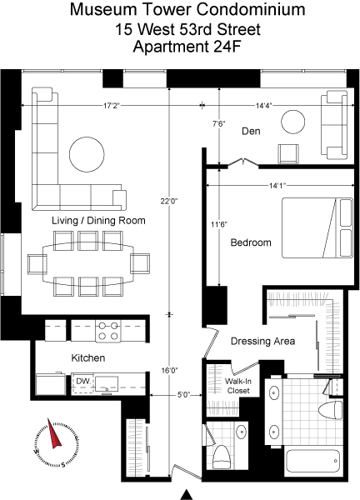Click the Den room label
click(251, 131)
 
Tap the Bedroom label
click(251, 242)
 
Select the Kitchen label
click(88, 357)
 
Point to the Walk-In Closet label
click(238, 386)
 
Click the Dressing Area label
click(262, 341)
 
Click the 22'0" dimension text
click(169, 201)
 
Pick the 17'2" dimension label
click(111, 106)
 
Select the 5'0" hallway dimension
click(183, 395)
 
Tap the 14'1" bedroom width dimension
click(277, 185)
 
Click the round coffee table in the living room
click(87, 154)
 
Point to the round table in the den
click(293, 122)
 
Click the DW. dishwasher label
click(83, 381)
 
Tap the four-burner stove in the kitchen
click(108, 331)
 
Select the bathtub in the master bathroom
click(312, 461)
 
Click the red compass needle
click(54, 433)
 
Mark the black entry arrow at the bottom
click(187, 494)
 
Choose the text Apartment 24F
click(187, 47)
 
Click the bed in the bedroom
click(317, 228)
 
